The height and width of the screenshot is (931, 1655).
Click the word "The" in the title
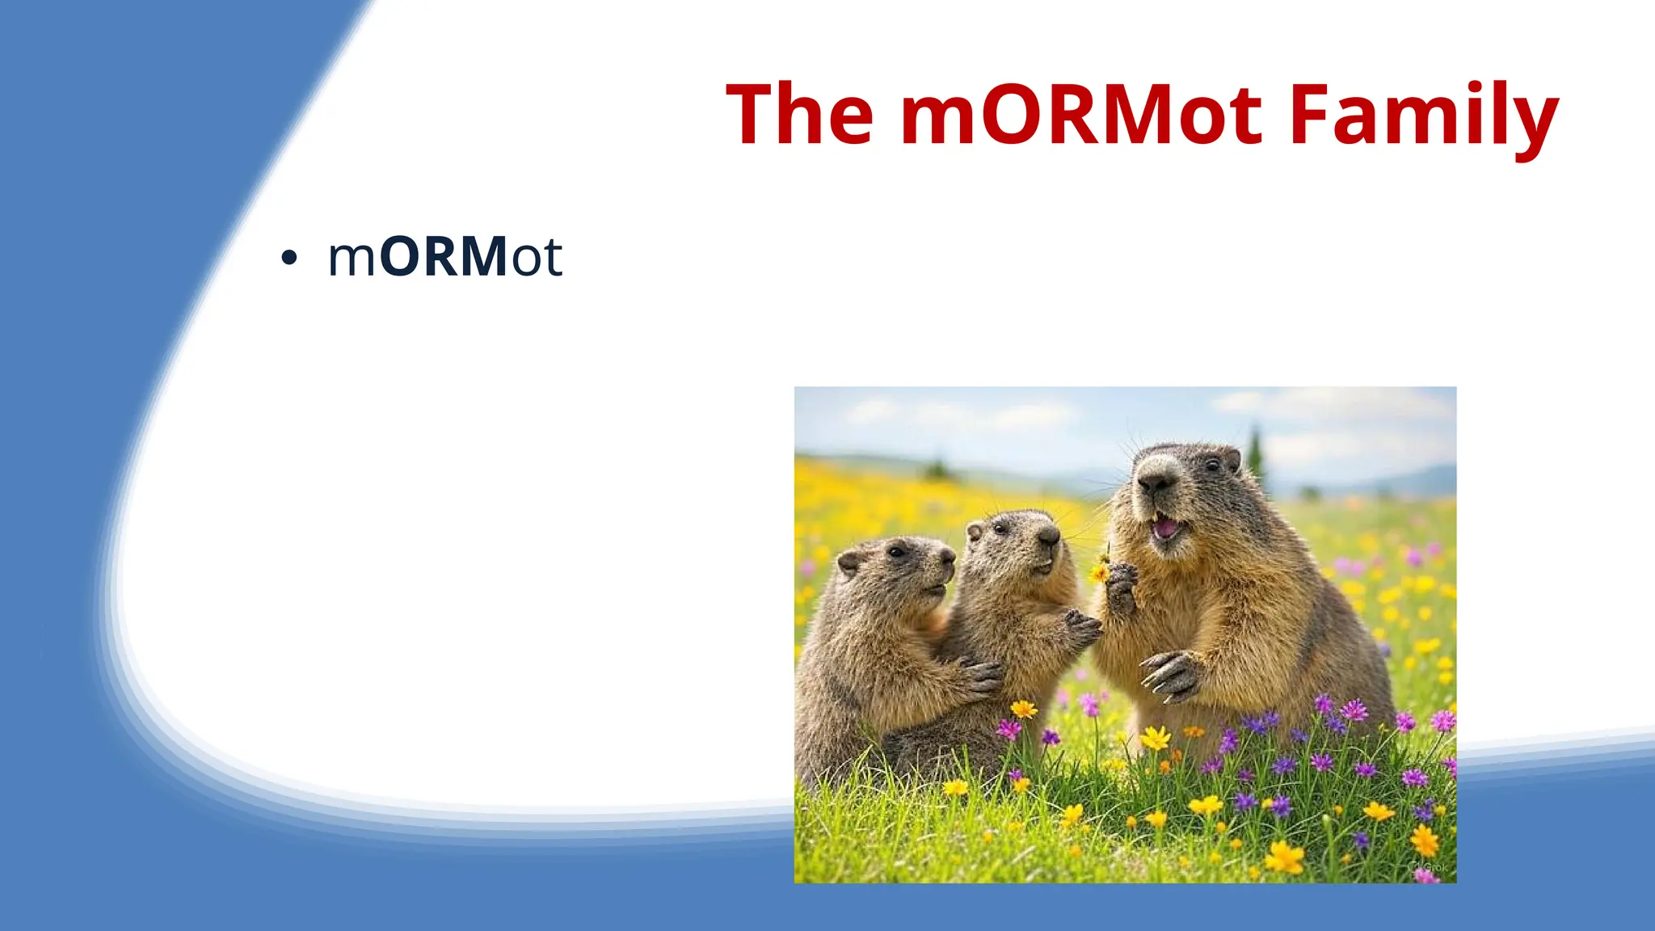click(x=799, y=115)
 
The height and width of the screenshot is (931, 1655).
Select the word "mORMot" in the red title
click(x=1081, y=115)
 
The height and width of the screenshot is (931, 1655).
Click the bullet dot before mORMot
click(x=288, y=259)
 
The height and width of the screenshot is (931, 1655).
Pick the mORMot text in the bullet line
click(x=444, y=257)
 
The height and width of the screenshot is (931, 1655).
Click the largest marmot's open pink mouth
click(x=1164, y=528)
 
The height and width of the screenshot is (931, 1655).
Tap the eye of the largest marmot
click(x=1212, y=465)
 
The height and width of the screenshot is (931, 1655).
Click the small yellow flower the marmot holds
click(x=1099, y=572)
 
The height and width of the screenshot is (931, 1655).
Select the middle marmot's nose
click(x=1049, y=535)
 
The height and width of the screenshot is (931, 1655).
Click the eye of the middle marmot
click(x=1001, y=529)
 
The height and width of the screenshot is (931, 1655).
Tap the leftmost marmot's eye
click(x=897, y=553)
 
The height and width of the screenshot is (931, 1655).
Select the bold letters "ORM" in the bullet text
click(x=443, y=257)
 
